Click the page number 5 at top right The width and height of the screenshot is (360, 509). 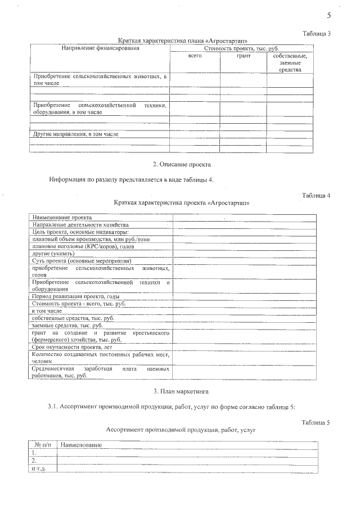[328, 15]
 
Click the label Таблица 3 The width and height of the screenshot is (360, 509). [316, 34]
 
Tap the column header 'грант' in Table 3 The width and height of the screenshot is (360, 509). [243, 56]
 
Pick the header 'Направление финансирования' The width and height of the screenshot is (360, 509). [100, 48]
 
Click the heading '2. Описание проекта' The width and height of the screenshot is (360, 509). [182, 164]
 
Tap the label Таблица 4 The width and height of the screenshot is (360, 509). [316, 195]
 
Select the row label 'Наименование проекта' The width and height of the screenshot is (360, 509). [62, 217]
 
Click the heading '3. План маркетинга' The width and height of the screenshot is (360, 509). [182, 390]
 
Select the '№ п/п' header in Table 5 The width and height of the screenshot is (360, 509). [43, 445]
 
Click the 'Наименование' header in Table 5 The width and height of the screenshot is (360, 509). [80, 445]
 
